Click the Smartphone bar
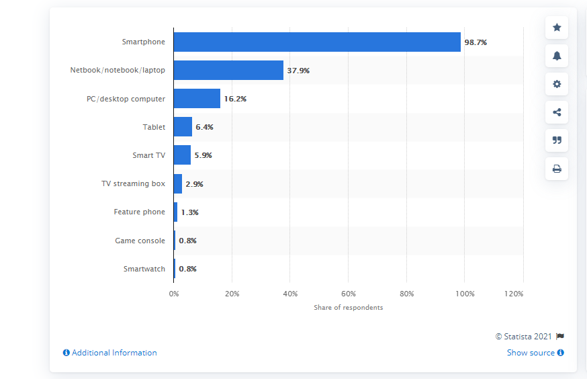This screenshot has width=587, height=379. [317, 42]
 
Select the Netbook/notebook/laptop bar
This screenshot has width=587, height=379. [229, 70]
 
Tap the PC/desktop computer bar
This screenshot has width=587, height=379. [197, 99]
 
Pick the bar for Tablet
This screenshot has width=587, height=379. [183, 126]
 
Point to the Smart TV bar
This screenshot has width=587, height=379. [182, 155]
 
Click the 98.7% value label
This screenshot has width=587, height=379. [476, 42]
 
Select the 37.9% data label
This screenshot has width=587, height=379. [298, 71]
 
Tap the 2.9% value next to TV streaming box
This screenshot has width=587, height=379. [194, 184]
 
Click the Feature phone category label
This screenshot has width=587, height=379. [139, 212]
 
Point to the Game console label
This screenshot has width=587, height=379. [140, 241]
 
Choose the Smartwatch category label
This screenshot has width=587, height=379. [144, 269]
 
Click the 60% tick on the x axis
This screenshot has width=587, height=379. [348, 294]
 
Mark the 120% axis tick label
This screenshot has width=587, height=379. [514, 294]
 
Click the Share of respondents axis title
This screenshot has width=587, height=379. [348, 308]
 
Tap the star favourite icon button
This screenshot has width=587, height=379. [557, 28]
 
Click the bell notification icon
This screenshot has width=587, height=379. [557, 56]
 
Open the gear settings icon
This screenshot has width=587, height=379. [557, 84]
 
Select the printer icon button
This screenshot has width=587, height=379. [557, 169]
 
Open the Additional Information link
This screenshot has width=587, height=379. [110, 353]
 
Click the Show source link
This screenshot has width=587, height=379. [535, 353]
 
